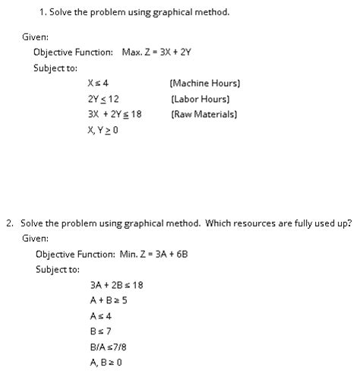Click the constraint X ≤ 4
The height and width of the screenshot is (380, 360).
pyautogui.click(x=98, y=83)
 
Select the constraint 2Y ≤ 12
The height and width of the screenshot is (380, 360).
pyautogui.click(x=103, y=99)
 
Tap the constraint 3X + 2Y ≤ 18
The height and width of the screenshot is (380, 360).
pyautogui.click(x=115, y=114)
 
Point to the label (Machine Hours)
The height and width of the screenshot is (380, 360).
pyautogui.click(x=205, y=83)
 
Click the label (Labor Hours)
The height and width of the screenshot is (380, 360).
pyautogui.click(x=201, y=99)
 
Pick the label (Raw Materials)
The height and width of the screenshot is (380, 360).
pyautogui.click(x=204, y=114)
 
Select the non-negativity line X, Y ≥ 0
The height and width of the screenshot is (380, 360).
pyautogui.click(x=103, y=130)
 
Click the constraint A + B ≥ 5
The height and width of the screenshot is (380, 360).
pyautogui.click(x=108, y=300)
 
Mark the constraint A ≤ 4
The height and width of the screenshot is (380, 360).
pyautogui.click(x=100, y=315)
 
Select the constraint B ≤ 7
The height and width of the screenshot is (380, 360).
pyautogui.click(x=100, y=331)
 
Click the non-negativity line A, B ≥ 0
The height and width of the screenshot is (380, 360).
pyautogui.click(x=106, y=363)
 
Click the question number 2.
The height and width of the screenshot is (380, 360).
pyautogui.click(x=9, y=223)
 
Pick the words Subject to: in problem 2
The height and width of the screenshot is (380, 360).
pyautogui.click(x=57, y=269)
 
